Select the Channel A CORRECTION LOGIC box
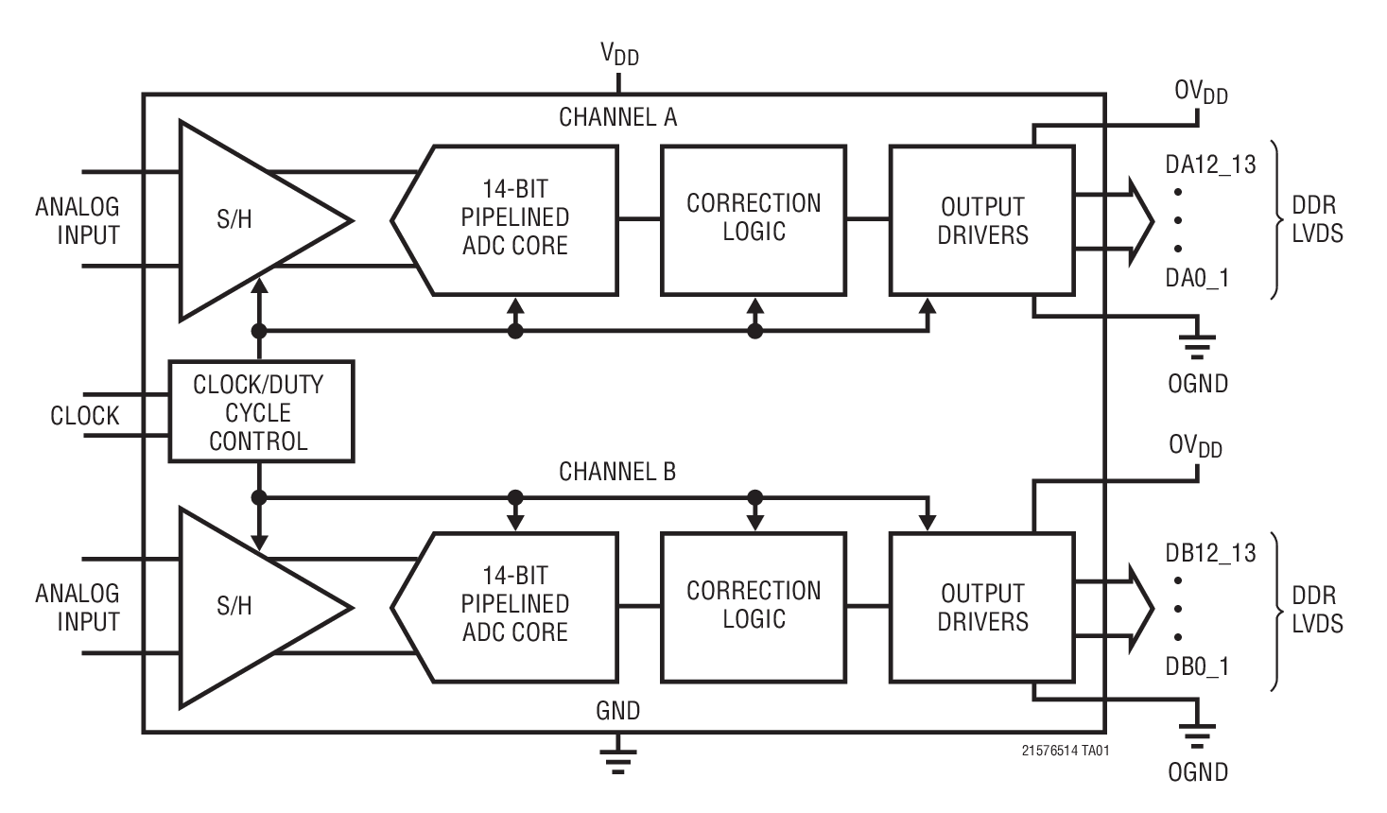click(754, 219)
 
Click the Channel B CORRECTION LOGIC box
click(754, 606)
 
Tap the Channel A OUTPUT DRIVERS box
click(982, 220)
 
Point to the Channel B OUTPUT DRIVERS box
click(982, 607)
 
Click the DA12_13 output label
click(1210, 164)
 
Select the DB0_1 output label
click(1197, 666)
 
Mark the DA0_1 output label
click(1197, 278)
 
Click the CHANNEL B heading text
click(617, 472)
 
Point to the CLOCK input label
click(85, 416)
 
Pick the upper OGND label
click(1198, 384)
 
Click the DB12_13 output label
click(1210, 553)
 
